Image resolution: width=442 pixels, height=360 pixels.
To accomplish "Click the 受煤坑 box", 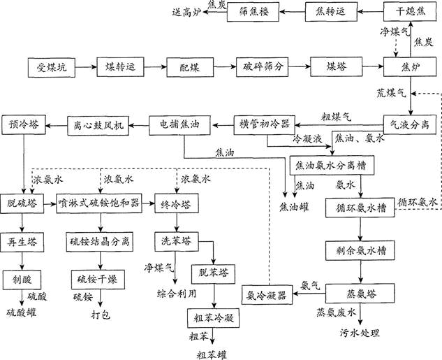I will coord(51,68).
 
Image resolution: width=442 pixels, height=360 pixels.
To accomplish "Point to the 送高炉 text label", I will coord(186,12).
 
